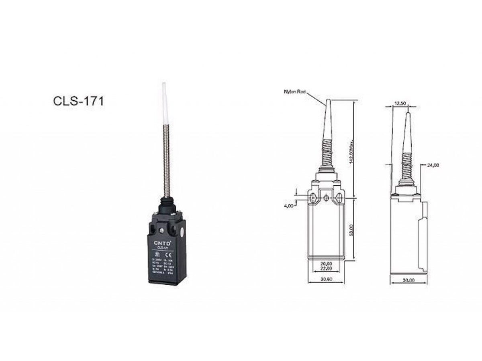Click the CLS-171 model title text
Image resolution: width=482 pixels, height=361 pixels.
(78, 101)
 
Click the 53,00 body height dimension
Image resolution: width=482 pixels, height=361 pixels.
(351, 229)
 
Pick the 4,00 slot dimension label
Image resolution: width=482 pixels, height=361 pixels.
(288, 206)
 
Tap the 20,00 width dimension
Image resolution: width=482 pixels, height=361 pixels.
(326, 263)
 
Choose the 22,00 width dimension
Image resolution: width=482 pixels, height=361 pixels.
(326, 268)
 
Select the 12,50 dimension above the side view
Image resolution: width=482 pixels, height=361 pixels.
(400, 103)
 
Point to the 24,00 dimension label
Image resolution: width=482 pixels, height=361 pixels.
(433, 165)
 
